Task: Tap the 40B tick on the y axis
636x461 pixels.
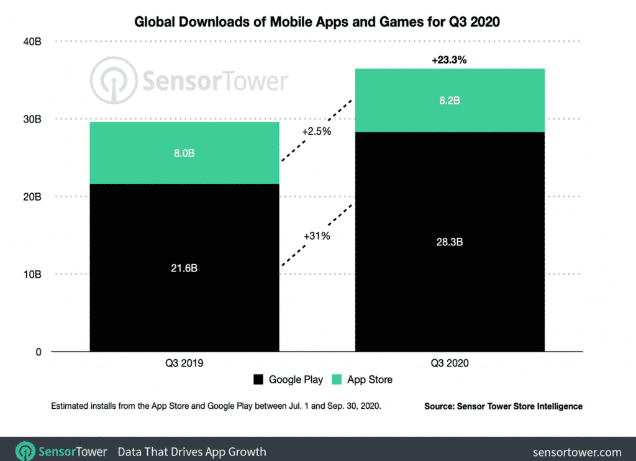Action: click(x=33, y=42)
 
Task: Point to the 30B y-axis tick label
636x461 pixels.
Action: click(x=33, y=119)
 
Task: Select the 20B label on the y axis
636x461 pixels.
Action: click(x=33, y=197)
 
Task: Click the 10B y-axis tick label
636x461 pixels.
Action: click(x=33, y=275)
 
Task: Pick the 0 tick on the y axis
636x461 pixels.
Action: click(x=38, y=352)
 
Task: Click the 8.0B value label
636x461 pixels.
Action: click(x=184, y=153)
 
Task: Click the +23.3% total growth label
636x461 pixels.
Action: click(x=449, y=60)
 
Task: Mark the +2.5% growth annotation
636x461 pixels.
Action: click(x=317, y=132)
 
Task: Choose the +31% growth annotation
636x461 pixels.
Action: click(x=317, y=236)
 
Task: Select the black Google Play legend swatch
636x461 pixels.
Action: click(x=259, y=380)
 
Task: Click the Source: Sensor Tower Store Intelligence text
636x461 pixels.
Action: click(x=503, y=406)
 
